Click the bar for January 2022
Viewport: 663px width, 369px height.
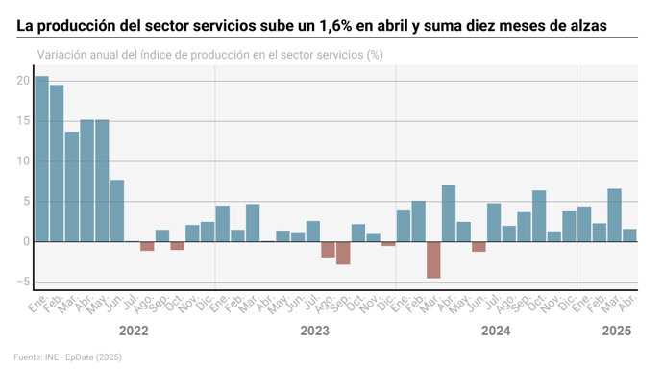42,159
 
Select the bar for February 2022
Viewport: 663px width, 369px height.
57,163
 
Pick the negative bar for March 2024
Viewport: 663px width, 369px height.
433,259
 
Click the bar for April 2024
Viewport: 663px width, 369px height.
449,213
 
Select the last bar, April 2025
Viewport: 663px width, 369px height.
629,235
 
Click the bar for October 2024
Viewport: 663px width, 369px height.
539,216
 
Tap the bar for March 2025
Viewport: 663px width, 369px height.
615,215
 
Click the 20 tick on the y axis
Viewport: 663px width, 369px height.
23,81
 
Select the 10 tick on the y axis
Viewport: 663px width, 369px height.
23,161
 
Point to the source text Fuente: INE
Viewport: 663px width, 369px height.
38,357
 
